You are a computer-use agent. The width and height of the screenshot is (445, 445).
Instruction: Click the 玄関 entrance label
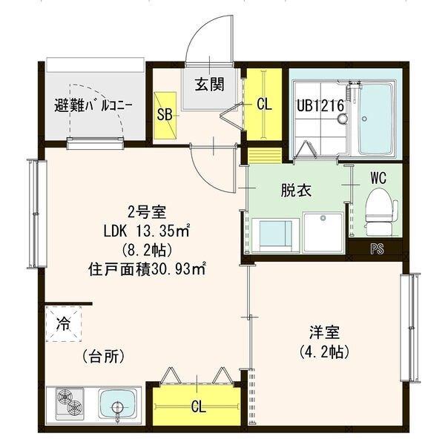(210, 84)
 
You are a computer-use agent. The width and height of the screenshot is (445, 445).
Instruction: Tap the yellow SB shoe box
(166, 115)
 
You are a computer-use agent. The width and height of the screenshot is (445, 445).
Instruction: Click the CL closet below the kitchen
(198, 406)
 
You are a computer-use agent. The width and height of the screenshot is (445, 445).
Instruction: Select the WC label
(379, 178)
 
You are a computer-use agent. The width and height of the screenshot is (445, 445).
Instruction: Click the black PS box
(378, 249)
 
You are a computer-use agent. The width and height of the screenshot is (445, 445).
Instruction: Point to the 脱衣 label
(296, 191)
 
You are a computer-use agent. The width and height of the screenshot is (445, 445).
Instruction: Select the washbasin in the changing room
(323, 231)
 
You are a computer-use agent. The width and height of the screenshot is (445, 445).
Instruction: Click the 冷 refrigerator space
(65, 323)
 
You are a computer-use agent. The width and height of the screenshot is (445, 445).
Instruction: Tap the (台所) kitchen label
(103, 356)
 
